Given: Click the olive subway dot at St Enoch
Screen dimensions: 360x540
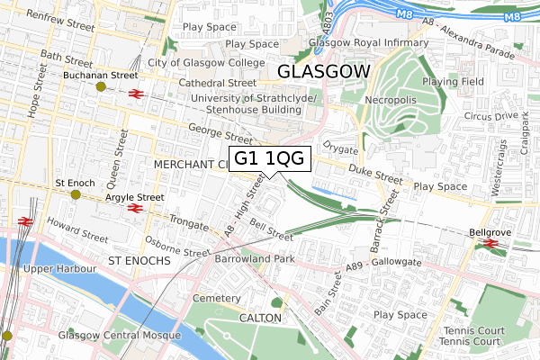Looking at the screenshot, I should click(76, 194).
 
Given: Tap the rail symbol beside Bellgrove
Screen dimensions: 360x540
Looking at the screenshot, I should click(491, 243).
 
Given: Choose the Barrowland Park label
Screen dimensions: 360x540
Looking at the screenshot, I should click(255, 258).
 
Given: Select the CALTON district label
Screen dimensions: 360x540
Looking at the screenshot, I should click(261, 319).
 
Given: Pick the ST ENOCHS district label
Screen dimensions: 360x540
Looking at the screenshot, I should click(139, 260).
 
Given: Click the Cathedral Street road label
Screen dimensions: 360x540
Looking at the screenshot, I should click(218, 82).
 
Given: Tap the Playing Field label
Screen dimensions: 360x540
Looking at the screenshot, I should click(480, 82).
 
